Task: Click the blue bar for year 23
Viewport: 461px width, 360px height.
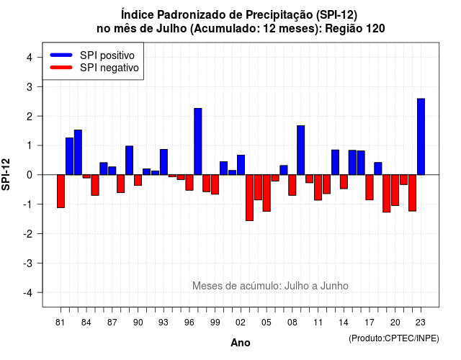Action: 421,137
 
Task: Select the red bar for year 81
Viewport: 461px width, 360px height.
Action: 61,192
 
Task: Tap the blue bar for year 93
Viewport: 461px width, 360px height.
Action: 164,162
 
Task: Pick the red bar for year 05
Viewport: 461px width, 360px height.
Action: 267,193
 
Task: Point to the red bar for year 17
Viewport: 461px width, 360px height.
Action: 370,187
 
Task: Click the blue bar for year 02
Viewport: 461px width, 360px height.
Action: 241,165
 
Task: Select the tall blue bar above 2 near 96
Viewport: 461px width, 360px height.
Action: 198,141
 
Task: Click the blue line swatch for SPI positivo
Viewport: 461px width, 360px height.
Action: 61,55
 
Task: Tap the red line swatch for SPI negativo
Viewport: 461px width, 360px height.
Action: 61,68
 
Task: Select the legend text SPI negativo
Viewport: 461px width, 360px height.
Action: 109,68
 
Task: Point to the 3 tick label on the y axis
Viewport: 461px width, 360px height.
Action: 30,86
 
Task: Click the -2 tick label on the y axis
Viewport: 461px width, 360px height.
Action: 28,233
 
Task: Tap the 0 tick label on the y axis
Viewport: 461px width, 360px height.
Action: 30,175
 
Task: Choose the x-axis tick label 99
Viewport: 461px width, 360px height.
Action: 215,323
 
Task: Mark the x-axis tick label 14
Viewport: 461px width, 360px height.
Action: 344,323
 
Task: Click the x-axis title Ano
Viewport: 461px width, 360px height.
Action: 241,343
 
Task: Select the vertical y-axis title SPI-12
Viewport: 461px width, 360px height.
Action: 6,174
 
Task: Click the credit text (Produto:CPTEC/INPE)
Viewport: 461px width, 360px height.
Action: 394,338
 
